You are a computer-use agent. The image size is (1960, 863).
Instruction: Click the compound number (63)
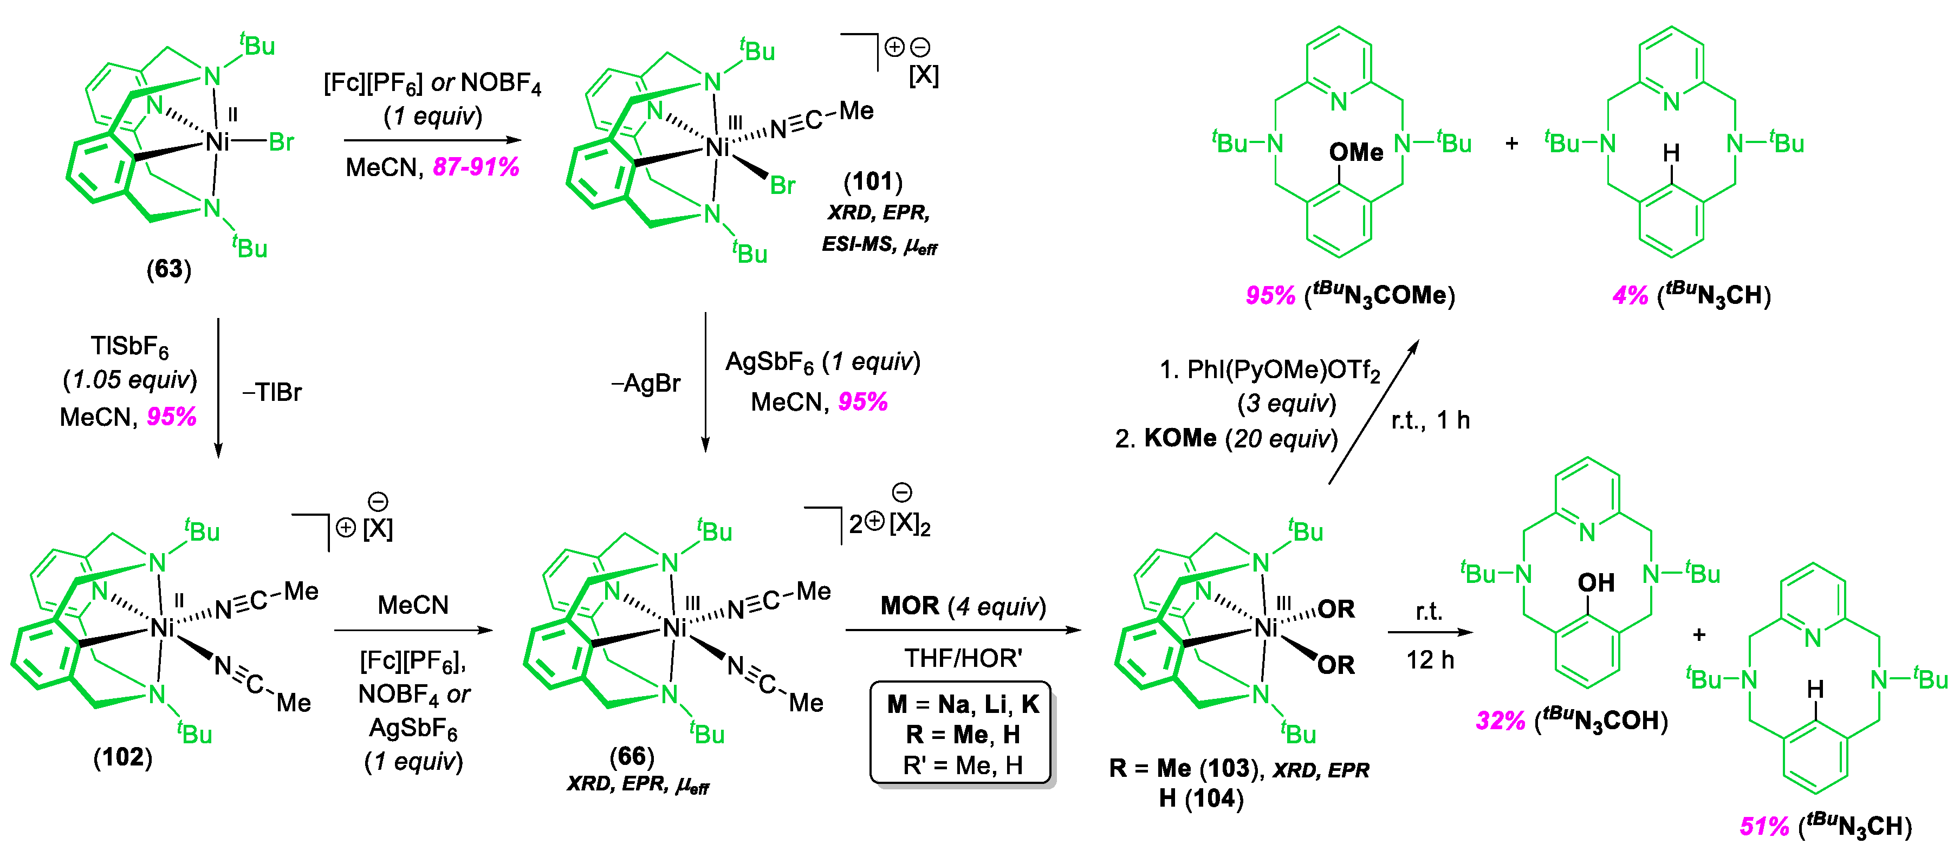169,269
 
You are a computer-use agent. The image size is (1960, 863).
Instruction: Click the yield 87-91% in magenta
476,167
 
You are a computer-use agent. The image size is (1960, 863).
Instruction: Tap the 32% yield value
1500,720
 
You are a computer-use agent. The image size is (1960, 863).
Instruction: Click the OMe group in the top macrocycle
1356,152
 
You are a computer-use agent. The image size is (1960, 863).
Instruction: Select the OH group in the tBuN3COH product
1595,583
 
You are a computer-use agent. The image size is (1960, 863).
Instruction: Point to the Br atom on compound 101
782,185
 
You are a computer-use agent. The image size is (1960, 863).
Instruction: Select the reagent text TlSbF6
129,346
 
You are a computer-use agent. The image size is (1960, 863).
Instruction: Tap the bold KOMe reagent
1180,438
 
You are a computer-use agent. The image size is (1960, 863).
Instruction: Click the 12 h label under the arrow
1430,659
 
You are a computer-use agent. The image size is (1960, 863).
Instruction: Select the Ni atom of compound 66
674,628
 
